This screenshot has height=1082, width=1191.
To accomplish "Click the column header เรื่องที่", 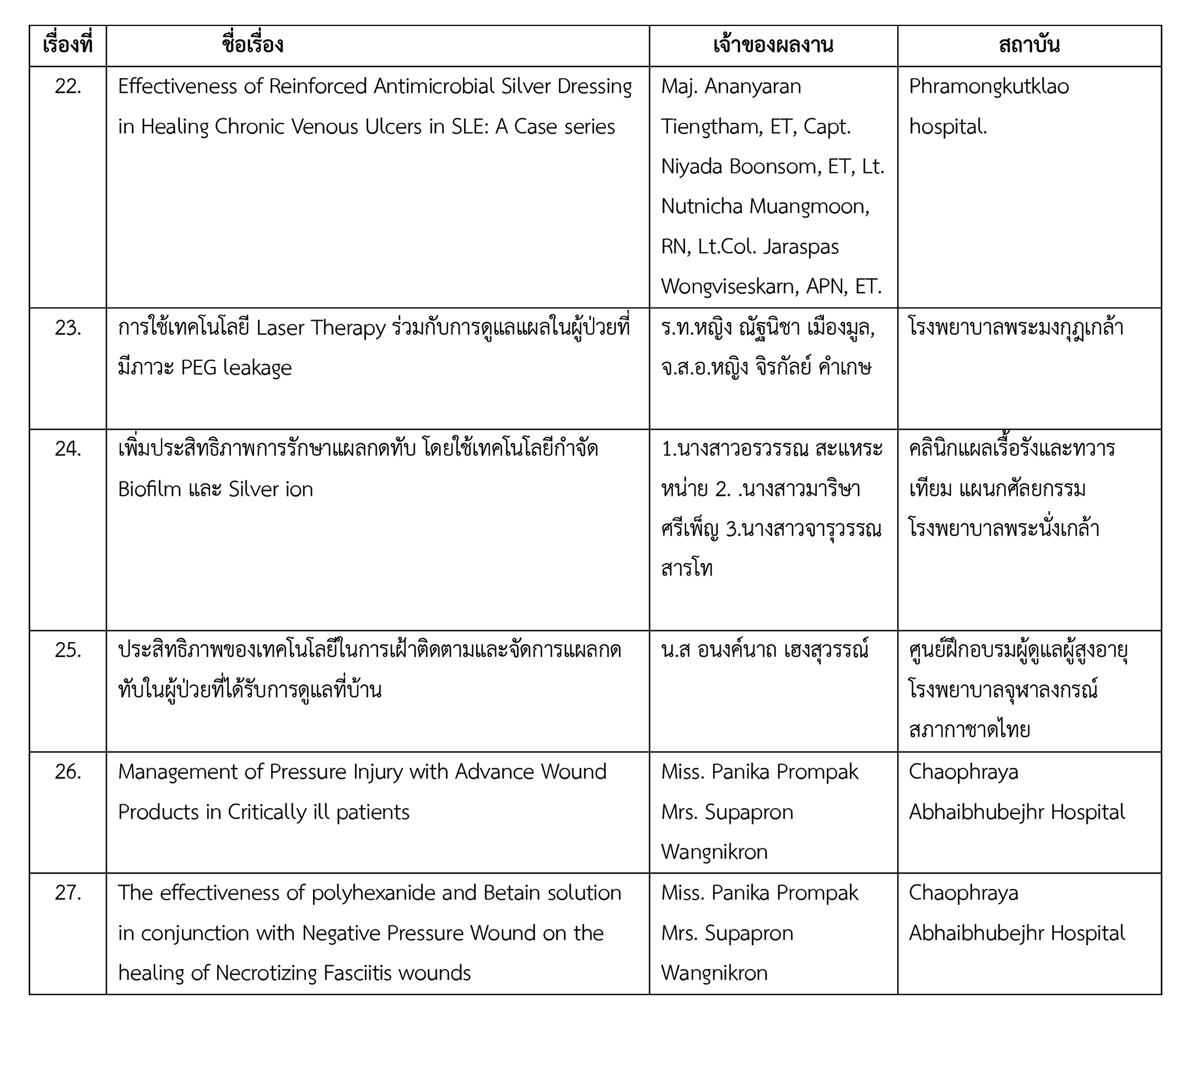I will coord(67,46).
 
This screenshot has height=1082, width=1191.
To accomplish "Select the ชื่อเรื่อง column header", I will coord(253,46).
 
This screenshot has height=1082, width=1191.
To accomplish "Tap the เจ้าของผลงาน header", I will coord(773,46).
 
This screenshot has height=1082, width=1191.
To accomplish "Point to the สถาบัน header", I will coord(1028,46).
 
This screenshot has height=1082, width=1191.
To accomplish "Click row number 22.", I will coord(68,87).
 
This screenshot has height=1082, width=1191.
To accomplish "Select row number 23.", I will coord(68,328).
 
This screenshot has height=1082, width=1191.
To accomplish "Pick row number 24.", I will coord(68,449).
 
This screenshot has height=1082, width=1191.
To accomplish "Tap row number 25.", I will coord(68,650).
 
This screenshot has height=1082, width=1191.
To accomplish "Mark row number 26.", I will coord(68,772).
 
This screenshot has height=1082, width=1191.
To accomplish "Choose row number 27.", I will coord(68,893).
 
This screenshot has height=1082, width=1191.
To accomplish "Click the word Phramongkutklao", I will coord(988,87).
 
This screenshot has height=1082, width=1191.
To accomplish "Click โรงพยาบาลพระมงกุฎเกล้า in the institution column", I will coord(1016,328).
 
